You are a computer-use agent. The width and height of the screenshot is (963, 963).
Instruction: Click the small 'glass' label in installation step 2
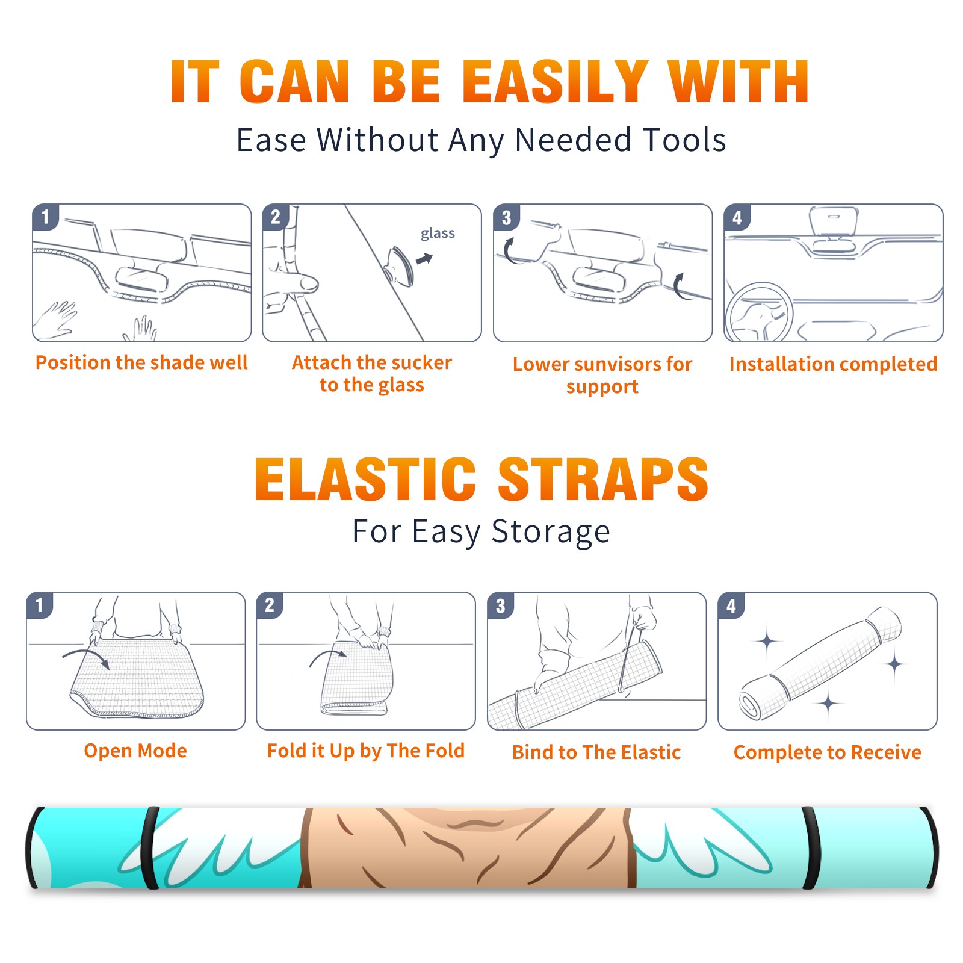(x=438, y=234)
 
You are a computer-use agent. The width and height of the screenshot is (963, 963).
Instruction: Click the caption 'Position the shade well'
(x=141, y=363)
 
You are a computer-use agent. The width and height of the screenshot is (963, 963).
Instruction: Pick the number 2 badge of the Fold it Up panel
(x=270, y=605)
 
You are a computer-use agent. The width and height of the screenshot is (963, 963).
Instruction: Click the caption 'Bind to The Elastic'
(x=596, y=752)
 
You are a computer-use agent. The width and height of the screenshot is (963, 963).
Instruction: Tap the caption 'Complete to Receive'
(x=828, y=752)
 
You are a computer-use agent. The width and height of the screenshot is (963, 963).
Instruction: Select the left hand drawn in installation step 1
(x=55, y=319)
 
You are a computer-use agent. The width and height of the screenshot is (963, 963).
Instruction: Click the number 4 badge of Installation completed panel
(x=737, y=217)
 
